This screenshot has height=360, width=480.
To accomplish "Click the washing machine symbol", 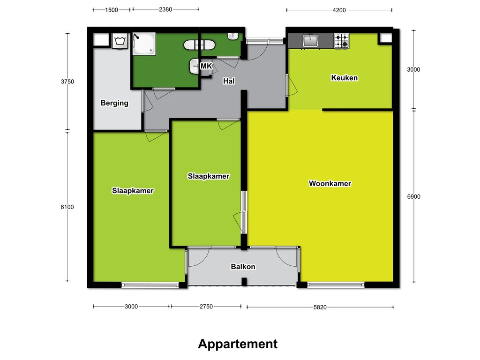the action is pyautogui.click(x=120, y=41).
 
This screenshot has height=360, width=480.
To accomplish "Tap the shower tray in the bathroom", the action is pyautogui.click(x=144, y=44).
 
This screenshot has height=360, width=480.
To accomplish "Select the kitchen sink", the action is pyautogui.click(x=310, y=41).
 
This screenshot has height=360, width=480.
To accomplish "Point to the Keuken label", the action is pyautogui.click(x=345, y=78).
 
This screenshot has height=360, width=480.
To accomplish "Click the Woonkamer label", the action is pyautogui.click(x=330, y=183).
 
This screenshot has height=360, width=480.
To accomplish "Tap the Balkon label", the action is pyautogui.click(x=243, y=267).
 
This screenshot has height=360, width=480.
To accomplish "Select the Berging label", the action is pyautogui.click(x=114, y=103).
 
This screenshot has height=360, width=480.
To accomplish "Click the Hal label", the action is pyautogui.click(x=229, y=81).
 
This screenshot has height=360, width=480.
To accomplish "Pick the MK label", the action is pyautogui.click(x=206, y=66).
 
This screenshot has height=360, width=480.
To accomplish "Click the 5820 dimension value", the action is pyautogui.click(x=320, y=307).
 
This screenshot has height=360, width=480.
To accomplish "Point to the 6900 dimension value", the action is pyautogui.click(x=413, y=196).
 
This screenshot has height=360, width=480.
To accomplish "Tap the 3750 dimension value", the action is pyautogui.click(x=67, y=82).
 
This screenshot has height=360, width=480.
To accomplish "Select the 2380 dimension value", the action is pyautogui.click(x=165, y=9).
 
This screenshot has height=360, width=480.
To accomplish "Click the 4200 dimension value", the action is pyautogui.click(x=339, y=10).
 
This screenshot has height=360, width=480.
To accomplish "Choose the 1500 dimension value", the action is pyautogui.click(x=112, y=10).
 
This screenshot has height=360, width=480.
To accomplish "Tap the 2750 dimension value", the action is pyautogui.click(x=206, y=307).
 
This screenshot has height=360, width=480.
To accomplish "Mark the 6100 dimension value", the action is pyautogui.click(x=67, y=207).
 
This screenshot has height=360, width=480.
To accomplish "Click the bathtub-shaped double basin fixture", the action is pyautogui.click(x=199, y=45).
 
